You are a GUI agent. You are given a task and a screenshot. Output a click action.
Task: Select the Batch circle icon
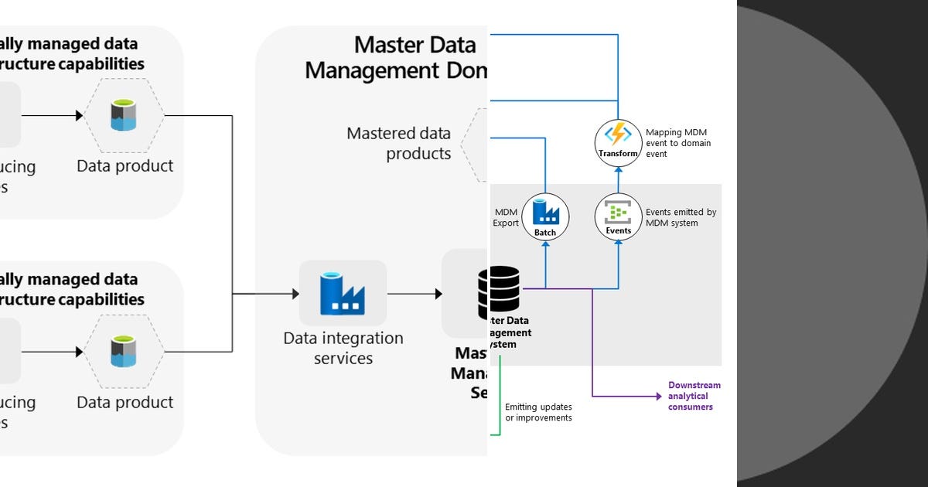[545, 216]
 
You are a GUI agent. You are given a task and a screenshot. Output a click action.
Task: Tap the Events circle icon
[618, 216]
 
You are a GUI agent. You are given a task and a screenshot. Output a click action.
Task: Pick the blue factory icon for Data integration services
[343, 293]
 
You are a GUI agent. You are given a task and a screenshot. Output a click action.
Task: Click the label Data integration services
[343, 348]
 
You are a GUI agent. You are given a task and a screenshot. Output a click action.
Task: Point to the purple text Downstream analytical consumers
[694, 396]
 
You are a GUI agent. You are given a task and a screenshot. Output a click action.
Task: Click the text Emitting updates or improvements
[538, 412]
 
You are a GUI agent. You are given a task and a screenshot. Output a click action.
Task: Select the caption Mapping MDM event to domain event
[677, 143]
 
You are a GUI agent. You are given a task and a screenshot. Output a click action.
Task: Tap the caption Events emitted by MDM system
[681, 217]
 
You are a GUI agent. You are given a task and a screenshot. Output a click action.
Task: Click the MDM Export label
[506, 217]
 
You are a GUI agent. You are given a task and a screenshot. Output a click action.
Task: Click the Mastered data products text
[398, 143]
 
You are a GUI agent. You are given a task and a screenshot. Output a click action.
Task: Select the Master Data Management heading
[396, 58]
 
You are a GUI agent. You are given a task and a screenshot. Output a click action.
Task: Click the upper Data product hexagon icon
[124, 116]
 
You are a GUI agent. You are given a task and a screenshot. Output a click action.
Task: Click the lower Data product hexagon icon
[124, 352]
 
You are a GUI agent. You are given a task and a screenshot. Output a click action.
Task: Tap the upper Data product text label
[125, 165]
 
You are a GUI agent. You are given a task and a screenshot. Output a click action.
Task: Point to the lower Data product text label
[125, 402]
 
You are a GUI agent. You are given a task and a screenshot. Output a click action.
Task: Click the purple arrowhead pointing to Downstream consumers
[657, 397]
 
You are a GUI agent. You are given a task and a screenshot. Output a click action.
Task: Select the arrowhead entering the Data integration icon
[295, 294]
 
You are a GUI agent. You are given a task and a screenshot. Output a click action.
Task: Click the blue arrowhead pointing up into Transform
[618, 169]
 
